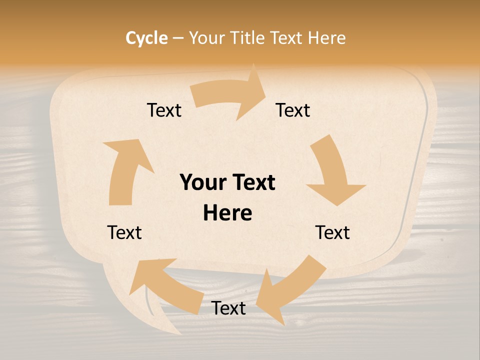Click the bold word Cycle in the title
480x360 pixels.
click(146, 38)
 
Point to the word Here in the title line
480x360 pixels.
click(326, 38)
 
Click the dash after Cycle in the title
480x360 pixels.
click(177, 38)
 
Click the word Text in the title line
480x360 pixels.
click(287, 38)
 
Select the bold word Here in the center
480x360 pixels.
click(227, 213)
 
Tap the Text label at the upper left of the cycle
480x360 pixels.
click(164, 110)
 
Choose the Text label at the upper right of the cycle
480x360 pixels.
click(293, 110)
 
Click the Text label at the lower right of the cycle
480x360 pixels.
click(332, 233)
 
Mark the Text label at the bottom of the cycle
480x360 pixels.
click(228, 308)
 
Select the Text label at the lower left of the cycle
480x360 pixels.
click(124, 233)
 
